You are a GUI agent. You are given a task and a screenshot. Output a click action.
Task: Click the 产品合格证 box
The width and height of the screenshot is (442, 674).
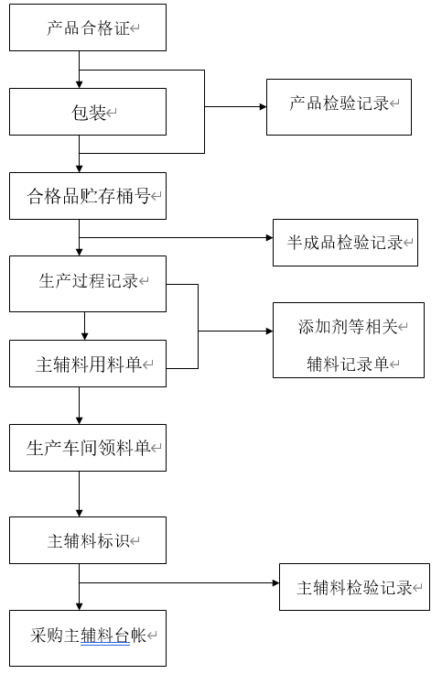[x=88, y=27]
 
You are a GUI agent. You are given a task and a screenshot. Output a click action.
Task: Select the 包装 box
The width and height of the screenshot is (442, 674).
[x=88, y=112]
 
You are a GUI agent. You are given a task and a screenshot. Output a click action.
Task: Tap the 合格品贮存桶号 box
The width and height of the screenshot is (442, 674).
[x=88, y=196]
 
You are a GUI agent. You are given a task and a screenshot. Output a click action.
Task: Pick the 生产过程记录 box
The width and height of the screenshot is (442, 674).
[x=88, y=284]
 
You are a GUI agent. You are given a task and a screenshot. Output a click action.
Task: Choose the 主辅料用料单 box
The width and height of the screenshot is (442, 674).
[x=88, y=364]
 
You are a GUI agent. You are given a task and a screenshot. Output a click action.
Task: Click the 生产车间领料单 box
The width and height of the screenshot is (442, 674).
[x=88, y=448]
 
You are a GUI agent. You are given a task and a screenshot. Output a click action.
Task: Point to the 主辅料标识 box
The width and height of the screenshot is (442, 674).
[x=88, y=540]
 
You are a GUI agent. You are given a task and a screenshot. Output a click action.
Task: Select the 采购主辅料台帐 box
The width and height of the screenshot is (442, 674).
[x=88, y=638]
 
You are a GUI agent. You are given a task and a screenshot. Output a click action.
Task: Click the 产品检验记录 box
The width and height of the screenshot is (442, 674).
[x=339, y=107]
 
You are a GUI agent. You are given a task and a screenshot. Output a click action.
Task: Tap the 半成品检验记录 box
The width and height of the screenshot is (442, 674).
[x=345, y=243]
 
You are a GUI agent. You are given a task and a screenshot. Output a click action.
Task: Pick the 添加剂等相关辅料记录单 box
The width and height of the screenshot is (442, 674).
[x=349, y=340]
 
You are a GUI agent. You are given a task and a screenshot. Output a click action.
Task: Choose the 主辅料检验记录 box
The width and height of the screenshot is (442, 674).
[x=354, y=587]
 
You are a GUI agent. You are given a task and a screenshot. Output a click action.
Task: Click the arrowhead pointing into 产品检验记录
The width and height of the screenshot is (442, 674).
[x=263, y=106]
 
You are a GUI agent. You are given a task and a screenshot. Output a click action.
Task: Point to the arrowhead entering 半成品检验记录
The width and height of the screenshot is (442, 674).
[x=269, y=237]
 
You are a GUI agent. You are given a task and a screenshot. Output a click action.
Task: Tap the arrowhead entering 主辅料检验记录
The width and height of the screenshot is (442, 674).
[x=275, y=582]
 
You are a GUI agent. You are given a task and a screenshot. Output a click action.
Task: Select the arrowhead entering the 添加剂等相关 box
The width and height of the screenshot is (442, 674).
[x=269, y=331]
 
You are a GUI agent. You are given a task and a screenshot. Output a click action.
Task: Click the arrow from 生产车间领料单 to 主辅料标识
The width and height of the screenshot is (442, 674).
[x=79, y=494]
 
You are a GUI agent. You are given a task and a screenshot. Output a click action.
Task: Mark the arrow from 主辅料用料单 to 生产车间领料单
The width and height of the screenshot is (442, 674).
[x=79, y=406]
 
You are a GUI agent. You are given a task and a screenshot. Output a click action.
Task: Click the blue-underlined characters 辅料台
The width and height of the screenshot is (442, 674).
[x=105, y=636]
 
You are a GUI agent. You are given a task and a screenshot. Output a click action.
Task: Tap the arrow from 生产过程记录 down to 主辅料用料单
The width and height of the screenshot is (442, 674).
[x=84, y=326]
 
